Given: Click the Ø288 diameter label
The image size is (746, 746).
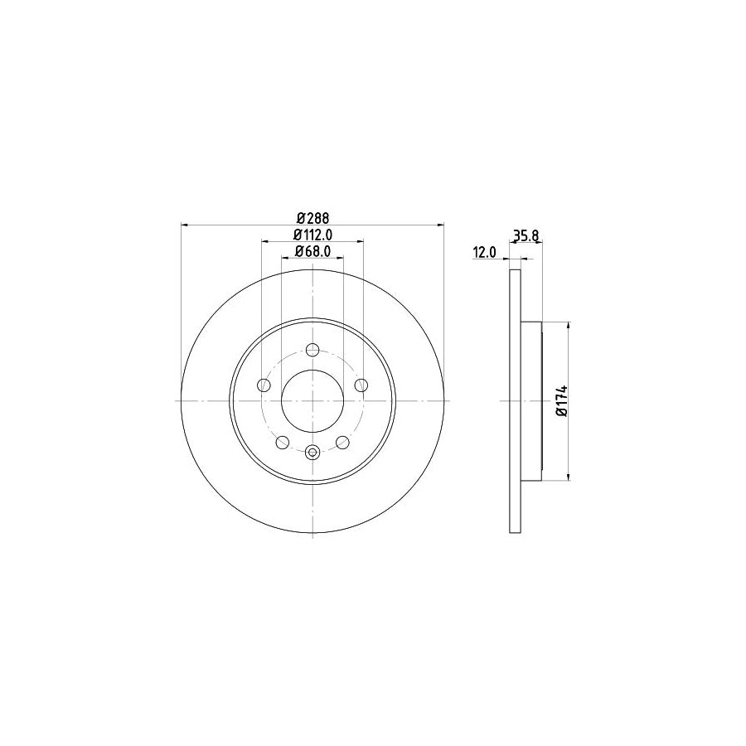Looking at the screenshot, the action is [312, 218].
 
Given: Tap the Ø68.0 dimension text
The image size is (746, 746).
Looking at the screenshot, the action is [312, 251].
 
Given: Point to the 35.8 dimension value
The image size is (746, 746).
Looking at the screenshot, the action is [526, 235].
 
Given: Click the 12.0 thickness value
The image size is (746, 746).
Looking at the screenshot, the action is [484, 253].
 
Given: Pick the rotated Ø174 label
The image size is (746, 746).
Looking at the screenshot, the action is [561, 400].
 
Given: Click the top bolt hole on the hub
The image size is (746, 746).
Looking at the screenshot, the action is [312, 349].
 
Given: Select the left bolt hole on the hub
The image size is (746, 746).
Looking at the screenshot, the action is [264, 385].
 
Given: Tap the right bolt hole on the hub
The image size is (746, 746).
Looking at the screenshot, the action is [361, 385].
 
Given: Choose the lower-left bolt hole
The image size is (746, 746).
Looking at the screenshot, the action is [282, 442].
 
